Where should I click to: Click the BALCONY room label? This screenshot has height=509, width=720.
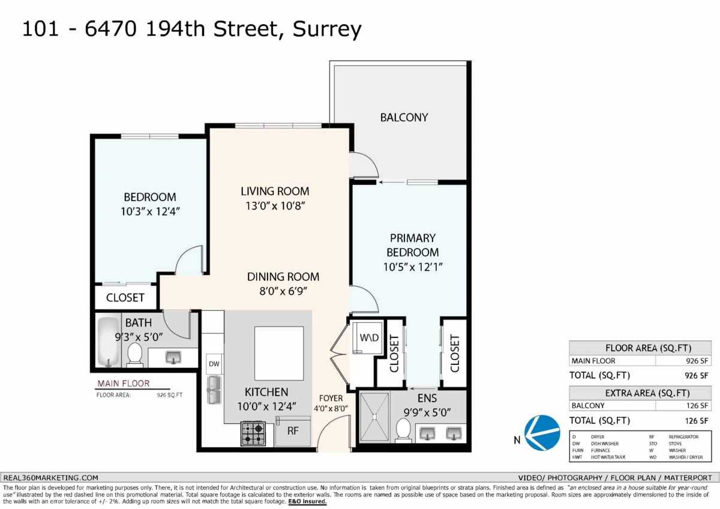404,118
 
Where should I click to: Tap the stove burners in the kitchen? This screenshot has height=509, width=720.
253,433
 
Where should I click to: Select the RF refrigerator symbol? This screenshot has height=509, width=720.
293,431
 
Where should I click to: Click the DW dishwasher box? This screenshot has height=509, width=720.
214,364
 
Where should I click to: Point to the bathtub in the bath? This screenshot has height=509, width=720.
109,342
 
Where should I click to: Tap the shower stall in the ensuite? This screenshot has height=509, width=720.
374,417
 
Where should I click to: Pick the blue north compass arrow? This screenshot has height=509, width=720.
542,433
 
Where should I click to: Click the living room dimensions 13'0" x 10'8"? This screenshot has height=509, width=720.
275,206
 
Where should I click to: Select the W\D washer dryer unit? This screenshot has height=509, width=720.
368,337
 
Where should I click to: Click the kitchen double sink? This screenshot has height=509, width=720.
214,390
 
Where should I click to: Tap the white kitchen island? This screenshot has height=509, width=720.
279,354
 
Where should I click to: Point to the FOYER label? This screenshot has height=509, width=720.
331,398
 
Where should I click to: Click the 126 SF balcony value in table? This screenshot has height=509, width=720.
697,406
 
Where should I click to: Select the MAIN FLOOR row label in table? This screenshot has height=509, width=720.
593,361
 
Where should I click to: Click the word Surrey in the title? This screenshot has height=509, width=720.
327,29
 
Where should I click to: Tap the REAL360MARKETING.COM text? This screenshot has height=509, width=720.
51,478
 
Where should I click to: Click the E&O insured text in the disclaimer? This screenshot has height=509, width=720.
307,501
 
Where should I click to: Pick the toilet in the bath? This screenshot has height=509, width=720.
135,355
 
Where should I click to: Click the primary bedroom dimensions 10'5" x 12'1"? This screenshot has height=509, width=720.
413,267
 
